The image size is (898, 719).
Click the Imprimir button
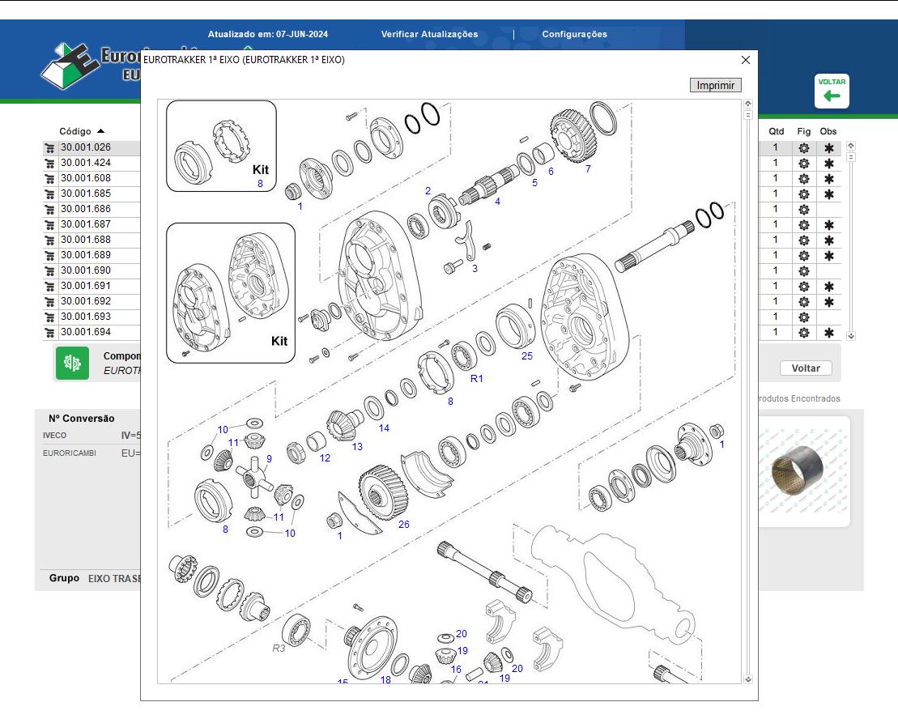point(716,85)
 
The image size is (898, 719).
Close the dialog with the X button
point(746,60)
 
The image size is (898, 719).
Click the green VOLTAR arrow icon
point(832,91)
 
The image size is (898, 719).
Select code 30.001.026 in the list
point(85,147)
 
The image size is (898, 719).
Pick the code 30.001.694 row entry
point(85,332)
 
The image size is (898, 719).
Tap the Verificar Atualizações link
point(429,34)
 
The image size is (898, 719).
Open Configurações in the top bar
point(574,34)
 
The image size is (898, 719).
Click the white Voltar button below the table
point(805,368)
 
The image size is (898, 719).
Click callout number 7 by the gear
point(588,169)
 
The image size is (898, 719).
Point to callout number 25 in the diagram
point(527,355)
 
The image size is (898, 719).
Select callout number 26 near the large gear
point(403,524)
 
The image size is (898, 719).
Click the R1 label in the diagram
point(477,378)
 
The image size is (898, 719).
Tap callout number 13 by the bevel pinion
point(357,446)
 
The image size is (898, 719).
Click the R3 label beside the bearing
point(279,648)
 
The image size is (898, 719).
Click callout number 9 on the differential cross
point(269,458)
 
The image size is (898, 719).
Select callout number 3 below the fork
point(475,268)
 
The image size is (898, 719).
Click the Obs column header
point(828,131)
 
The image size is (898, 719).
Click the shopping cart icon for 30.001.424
point(49,163)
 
